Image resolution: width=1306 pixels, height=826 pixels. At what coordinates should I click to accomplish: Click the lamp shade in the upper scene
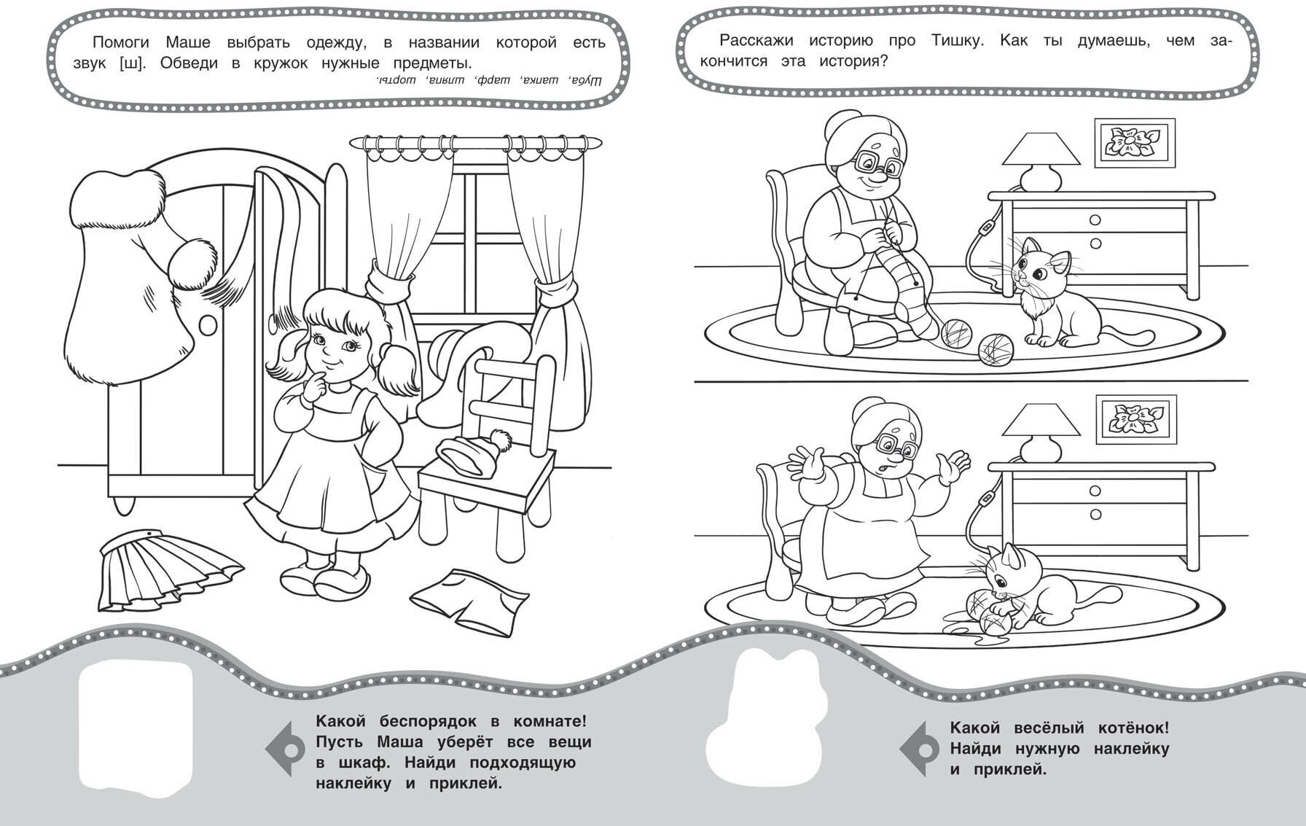[x=1041, y=159]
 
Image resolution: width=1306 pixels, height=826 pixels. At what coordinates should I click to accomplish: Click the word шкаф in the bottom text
[x=363, y=764]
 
